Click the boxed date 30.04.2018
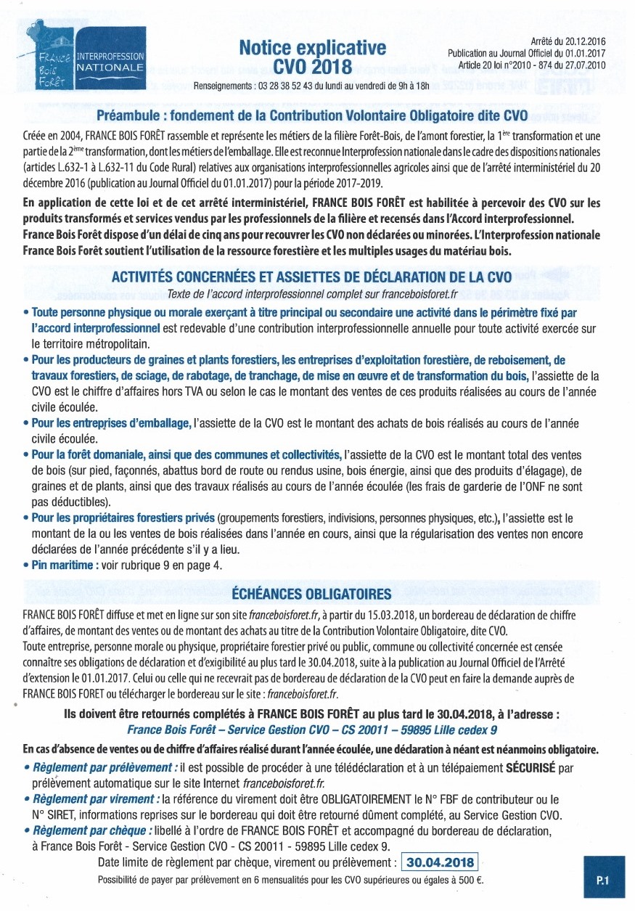pos(441,862)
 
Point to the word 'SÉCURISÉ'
pos(536,767)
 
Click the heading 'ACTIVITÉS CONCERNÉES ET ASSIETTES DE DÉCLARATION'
pos(311,278)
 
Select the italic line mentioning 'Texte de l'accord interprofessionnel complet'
pos(311,294)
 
